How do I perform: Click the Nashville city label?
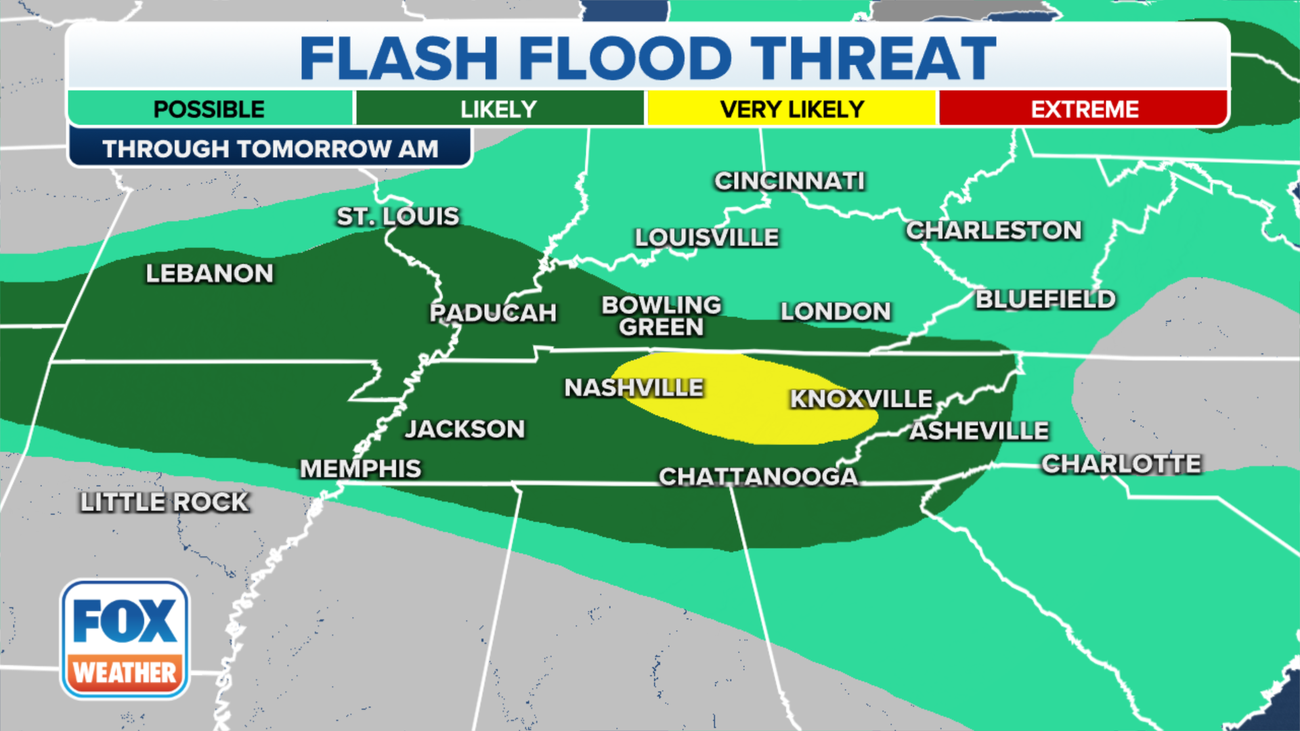coord(634,388)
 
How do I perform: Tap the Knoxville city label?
coord(861,399)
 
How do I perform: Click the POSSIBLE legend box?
coord(209,109)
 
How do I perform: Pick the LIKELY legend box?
coord(499,109)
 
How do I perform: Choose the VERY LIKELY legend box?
coord(792,109)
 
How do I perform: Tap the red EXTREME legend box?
coord(1084,109)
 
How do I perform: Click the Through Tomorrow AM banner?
coord(270,148)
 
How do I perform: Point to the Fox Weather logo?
coord(125,639)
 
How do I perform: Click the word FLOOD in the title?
coord(626,58)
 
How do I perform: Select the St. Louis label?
coord(398,217)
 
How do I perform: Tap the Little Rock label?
coord(165,502)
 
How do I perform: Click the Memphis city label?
coord(360,468)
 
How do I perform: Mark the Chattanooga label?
coord(758,477)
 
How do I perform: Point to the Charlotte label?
coord(1121,464)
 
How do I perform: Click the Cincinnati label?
coord(789,181)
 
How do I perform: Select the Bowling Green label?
coord(662,316)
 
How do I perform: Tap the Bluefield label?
coord(1045,299)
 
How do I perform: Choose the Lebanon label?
coord(210,273)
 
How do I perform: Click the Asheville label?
coord(979,430)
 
